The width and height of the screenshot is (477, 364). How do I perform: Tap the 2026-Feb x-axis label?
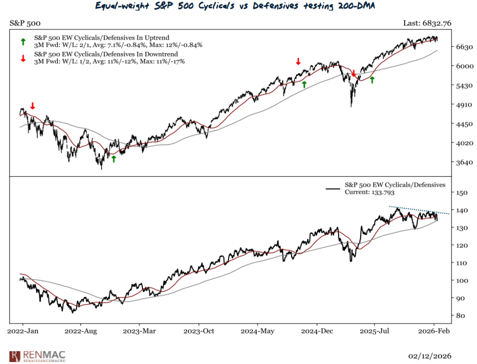(434, 332)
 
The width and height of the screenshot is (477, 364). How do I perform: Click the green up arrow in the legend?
(22, 40)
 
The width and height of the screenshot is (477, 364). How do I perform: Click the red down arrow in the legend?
(22, 57)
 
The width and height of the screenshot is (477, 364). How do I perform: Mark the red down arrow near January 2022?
(33, 105)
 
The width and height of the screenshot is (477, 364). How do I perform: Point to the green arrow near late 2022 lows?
(114, 159)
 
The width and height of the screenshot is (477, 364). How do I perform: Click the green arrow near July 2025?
(372, 79)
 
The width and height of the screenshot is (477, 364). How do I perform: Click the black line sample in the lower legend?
(333, 189)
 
